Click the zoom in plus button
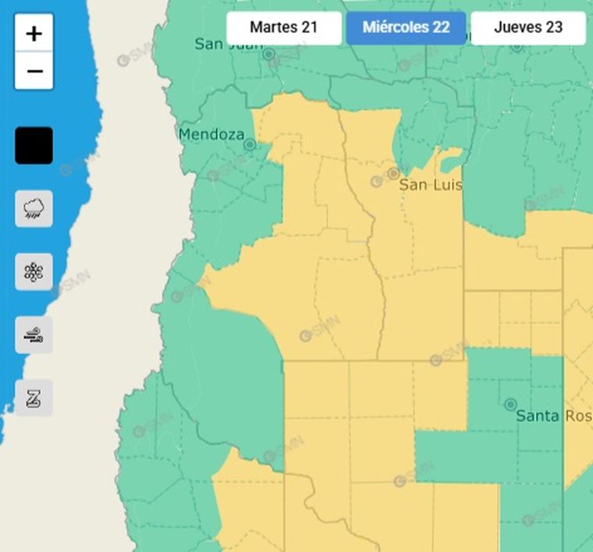click(x=34, y=34)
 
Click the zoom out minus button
click(x=34, y=72)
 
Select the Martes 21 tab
click(x=283, y=27)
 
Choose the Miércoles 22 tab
click(x=406, y=27)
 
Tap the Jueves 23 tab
click(x=528, y=27)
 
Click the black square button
click(x=34, y=146)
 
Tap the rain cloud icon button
click(x=34, y=209)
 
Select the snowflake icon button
click(x=34, y=272)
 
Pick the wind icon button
click(x=34, y=335)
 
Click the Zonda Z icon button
click(x=34, y=398)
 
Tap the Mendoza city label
click(x=211, y=134)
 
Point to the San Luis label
click(x=431, y=186)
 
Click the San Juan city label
click(x=229, y=44)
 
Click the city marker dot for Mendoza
click(x=250, y=144)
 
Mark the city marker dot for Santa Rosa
click(x=510, y=404)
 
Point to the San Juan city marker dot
click(x=268, y=54)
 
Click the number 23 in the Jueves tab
click(x=553, y=27)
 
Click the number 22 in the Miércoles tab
click(x=440, y=27)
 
